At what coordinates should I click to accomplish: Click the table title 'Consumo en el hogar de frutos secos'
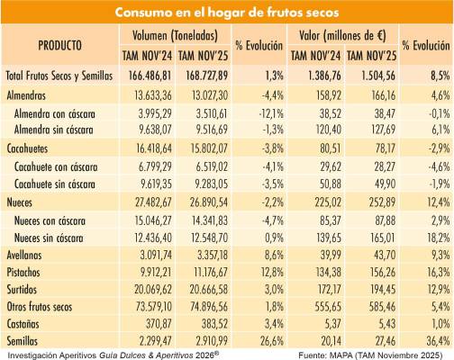tap(227, 13)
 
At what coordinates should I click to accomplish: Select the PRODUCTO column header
tap(59, 45)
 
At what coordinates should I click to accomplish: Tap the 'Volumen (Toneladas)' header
tap(175, 35)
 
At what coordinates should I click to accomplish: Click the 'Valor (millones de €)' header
tap(342, 36)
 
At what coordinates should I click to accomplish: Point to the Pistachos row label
tap(23, 273)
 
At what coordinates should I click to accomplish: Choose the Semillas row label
tap(23, 341)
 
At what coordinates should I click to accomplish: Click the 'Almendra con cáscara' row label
tap(55, 114)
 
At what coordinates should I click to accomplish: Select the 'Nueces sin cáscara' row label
tap(49, 238)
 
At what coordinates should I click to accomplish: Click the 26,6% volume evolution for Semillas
tap(271, 341)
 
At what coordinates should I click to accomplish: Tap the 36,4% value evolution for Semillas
tap(438, 341)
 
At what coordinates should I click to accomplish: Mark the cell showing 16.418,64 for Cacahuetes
tap(154, 148)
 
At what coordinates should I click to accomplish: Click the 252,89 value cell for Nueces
tap(382, 202)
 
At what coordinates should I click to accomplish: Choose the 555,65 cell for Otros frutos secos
tap(328, 307)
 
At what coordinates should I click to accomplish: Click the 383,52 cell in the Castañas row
tap(215, 324)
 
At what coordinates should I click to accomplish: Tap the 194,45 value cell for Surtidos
tap(382, 290)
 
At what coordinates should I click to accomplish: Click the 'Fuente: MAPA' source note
tap(370, 355)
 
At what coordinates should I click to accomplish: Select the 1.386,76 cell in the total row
tap(324, 76)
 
